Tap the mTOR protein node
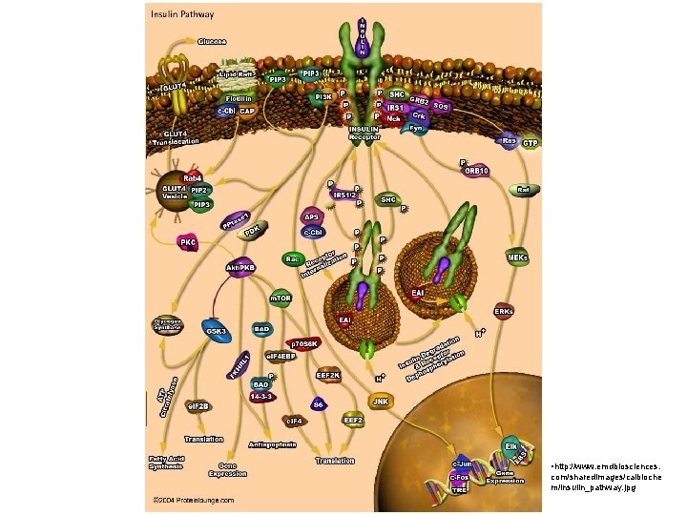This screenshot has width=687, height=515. coord(281,299)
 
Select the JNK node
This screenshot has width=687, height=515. coord(382,402)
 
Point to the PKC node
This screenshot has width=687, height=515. coord(188,242)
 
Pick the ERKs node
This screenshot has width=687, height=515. coord(504,312)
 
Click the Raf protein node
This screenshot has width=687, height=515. coord(522,190)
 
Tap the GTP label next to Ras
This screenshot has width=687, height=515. coord(531,143)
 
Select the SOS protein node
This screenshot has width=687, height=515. coord(440,106)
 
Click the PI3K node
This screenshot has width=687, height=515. coord(323,96)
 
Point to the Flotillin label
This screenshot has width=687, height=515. coord(238,98)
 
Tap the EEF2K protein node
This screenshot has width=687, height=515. coord(328,375)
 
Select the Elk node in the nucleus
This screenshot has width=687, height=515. coord(510,445)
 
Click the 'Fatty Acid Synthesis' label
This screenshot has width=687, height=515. coord(166,463)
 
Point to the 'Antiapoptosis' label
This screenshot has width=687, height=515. coord(272,444)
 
